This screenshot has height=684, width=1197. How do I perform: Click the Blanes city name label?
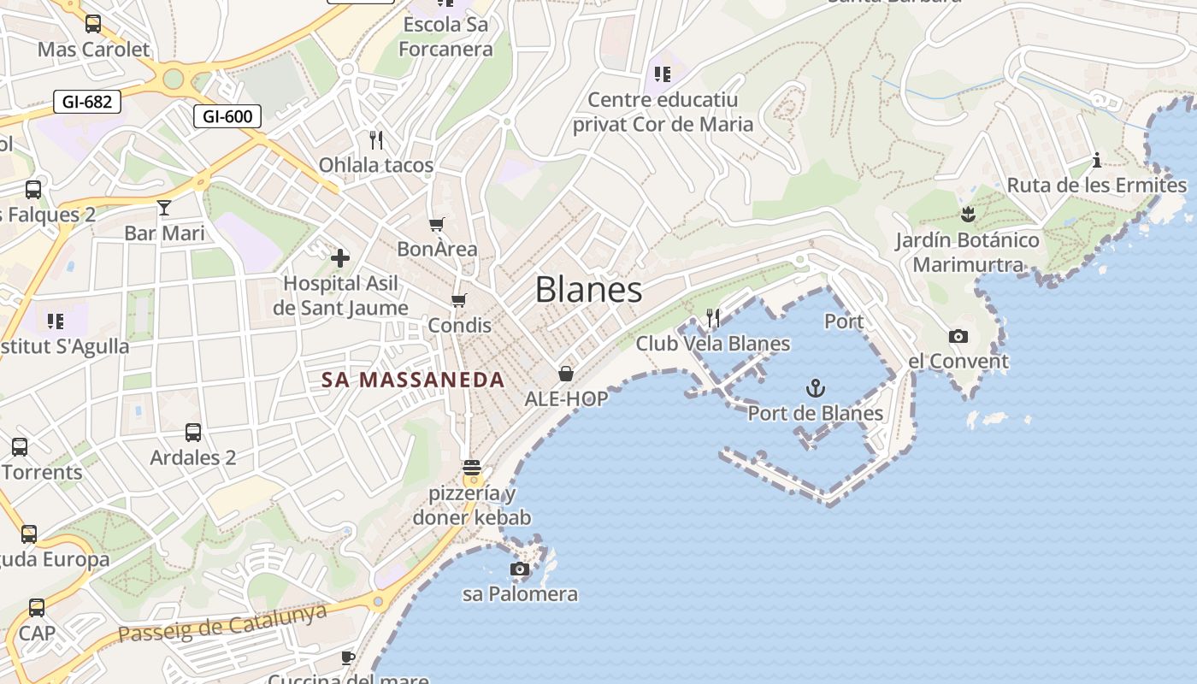click(588, 290)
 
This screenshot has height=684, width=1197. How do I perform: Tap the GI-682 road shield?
click(86, 102)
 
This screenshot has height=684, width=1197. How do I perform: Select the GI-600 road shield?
click(227, 115)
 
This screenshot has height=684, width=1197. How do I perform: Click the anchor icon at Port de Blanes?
click(816, 389)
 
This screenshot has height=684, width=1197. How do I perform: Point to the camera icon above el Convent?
click(958, 336)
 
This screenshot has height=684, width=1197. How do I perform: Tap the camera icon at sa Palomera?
click(519, 569)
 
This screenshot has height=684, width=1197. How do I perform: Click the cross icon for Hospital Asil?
click(340, 257)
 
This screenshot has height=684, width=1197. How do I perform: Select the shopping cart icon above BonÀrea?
click(437, 224)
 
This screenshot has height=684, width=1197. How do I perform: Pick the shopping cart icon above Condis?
click(459, 300)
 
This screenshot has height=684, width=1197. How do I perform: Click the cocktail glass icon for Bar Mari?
click(164, 207)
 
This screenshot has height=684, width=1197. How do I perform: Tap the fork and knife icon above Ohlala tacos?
click(376, 139)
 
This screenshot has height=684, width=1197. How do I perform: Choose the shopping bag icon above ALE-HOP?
click(566, 373)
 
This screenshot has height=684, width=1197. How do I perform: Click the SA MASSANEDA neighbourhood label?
click(413, 380)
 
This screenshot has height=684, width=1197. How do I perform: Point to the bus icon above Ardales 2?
click(193, 432)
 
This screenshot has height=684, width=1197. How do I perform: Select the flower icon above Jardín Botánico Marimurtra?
click(968, 214)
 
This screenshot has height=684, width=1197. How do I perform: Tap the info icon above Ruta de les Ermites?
click(1097, 160)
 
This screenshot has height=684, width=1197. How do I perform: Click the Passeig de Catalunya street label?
click(222, 623)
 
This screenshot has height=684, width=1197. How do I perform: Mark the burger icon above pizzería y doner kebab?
click(471, 468)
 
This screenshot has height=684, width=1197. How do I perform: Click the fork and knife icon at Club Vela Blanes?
click(712, 318)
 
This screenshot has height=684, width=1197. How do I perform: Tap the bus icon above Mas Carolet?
click(93, 24)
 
